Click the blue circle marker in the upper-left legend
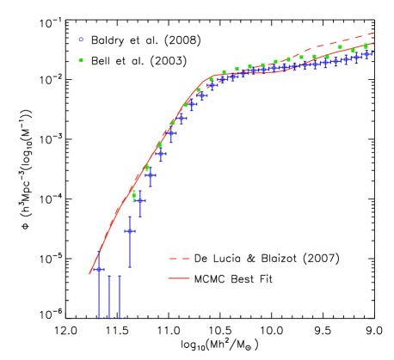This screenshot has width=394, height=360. point(82,40)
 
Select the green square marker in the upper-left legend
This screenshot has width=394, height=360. point(82,60)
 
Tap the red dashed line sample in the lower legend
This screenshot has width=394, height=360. point(179,258)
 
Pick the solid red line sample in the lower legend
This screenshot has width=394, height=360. point(179,278)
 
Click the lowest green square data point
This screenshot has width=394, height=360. point(134,196)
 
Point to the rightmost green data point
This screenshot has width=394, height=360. point(366,46)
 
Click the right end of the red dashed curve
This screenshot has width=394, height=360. point(373,34)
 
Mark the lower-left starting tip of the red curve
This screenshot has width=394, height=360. point(89,273)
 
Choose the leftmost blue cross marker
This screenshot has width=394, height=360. point(99,270)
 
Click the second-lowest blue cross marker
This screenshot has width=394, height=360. point(130,230)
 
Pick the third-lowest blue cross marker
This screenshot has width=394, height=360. point(140,201)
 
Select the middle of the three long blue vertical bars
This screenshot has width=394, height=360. point(109,296)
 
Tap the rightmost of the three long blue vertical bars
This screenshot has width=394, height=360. point(120,296)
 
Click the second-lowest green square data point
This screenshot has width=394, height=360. point(147,168)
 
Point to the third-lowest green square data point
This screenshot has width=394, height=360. point(159,145)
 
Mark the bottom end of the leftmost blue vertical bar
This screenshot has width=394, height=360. point(99,317)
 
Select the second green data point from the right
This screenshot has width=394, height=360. point(353,50)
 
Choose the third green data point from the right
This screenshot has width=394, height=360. point(340,47)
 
